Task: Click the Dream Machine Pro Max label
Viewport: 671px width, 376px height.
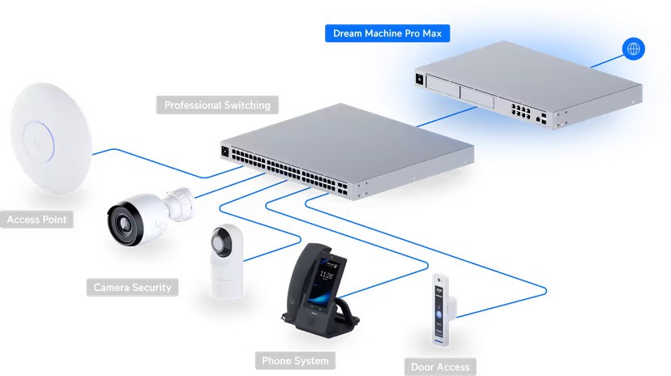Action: [387, 34]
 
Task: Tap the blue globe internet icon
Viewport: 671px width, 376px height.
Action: [633, 49]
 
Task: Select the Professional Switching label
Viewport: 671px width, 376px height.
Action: [216, 105]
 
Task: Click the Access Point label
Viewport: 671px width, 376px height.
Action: [37, 220]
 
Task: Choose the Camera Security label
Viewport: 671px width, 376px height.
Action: [132, 288]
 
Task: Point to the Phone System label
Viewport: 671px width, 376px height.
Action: [295, 361]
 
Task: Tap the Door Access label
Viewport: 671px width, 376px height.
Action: [441, 367]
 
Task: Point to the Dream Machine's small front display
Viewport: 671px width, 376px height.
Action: [420, 79]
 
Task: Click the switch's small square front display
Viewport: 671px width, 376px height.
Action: [224, 151]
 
